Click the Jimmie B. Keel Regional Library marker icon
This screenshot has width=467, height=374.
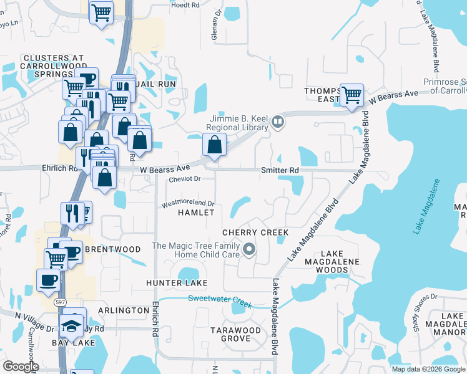278,121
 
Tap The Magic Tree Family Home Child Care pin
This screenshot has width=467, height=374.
249,250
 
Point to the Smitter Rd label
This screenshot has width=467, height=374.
280,170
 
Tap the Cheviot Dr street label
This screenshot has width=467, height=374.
184,179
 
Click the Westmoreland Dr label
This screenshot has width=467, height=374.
188,203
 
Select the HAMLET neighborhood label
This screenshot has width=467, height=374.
196,213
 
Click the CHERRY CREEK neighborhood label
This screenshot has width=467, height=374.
256,233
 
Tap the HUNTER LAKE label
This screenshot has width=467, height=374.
177,284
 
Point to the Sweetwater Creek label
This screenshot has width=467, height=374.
220,300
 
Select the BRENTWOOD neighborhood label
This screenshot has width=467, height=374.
113,249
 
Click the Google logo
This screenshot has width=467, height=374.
21,367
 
